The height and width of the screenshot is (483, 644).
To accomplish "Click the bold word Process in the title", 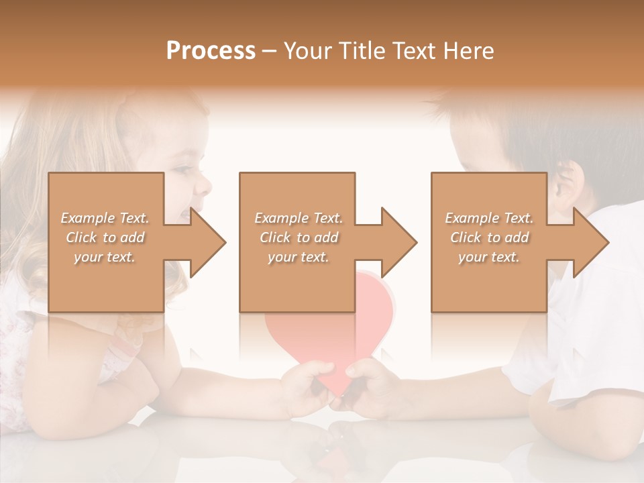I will click(211, 51).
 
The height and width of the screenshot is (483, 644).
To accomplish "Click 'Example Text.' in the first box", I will click(105, 218).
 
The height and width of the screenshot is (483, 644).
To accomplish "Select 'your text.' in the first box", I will click(105, 257).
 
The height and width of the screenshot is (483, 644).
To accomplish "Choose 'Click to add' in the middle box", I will click(299, 237).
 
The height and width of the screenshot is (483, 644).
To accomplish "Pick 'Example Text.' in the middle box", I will click(299, 218).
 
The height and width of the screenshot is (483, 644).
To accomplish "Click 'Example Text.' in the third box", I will click(489, 218).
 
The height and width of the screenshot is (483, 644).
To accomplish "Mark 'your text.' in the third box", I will click(489, 257).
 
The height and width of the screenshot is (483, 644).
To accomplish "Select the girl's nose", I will click(203, 182).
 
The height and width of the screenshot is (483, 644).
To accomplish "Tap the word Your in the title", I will click(307, 51).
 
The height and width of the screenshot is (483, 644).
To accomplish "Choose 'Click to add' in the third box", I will click(489, 237).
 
